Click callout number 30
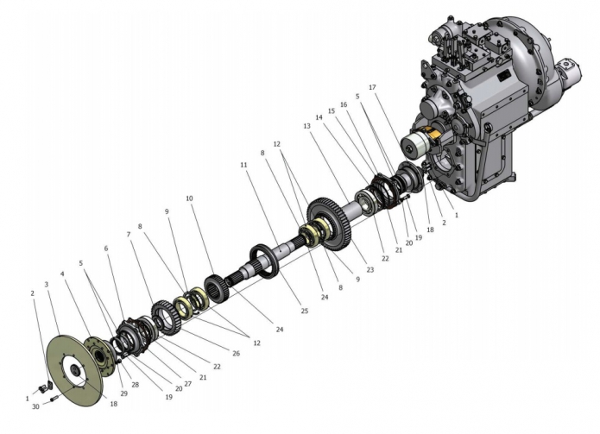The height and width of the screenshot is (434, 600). [35, 406]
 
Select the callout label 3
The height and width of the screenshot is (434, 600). [47, 285]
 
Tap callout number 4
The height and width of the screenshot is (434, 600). [62, 274]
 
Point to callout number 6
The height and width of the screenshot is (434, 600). [106, 248]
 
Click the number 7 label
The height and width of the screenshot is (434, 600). [129, 234]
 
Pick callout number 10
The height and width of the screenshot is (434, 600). [189, 198]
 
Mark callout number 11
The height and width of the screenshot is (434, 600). [243, 165]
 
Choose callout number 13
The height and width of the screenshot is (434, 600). [306, 126]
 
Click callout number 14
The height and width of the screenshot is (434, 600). [319, 117]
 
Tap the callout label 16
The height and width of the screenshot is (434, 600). [344, 104]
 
